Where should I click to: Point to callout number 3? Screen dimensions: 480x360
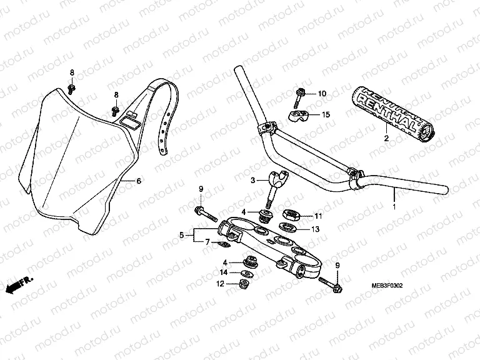coord(252,180)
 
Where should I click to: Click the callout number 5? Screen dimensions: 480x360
coord(182,236)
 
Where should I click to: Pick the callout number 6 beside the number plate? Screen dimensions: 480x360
coord(139,181)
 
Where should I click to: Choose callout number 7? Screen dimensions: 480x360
coord(208,241)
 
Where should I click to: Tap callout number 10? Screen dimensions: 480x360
coord(322,94)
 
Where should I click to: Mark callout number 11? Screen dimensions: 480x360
coord(317,216)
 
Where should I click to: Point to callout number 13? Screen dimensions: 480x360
coord(314,230)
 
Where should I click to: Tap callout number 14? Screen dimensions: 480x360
coord(224,272)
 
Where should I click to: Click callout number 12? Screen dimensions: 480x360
coord(219,284)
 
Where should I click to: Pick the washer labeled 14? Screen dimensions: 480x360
coord(247,272)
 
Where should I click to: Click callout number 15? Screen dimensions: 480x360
coord(325,114)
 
